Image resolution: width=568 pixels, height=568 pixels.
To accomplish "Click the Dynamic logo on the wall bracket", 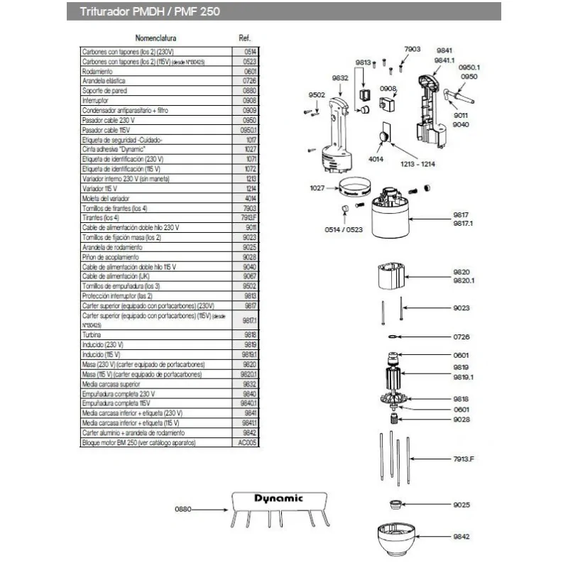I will [278, 498].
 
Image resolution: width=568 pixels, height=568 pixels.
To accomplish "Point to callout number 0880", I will [185, 509].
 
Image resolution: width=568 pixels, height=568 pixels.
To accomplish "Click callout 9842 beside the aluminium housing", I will [461, 537].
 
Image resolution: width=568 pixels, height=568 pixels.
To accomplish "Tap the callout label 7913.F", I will [464, 459].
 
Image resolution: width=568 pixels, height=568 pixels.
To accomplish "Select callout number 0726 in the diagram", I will [461, 336].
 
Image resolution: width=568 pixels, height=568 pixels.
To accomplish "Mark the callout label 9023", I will [461, 308].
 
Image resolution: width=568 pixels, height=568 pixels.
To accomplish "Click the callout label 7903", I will [412, 49].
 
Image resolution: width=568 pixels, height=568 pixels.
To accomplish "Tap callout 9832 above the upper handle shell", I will [339, 78].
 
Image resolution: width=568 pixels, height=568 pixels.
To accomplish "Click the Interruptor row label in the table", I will [97, 102].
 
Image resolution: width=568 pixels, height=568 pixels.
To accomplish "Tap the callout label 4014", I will [376, 159].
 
